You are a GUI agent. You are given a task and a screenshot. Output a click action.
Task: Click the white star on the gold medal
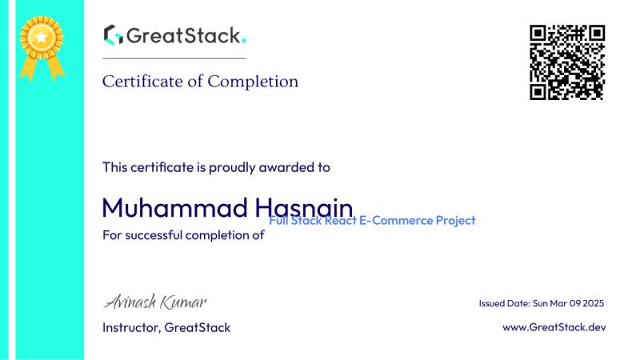pyautogui.click(x=42, y=38)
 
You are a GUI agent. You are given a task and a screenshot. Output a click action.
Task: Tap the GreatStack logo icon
pyautogui.click(x=113, y=34)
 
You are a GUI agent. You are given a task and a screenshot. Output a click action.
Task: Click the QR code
pyautogui.click(x=567, y=62)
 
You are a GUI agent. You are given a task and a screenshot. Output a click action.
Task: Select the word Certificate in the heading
pyautogui.click(x=142, y=82)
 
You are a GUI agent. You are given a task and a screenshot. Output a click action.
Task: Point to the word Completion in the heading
pyautogui.click(x=253, y=82)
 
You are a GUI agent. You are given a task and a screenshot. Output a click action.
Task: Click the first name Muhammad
pyautogui.click(x=174, y=207)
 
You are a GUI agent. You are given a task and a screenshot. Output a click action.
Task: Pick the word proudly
pyautogui.click(x=232, y=168)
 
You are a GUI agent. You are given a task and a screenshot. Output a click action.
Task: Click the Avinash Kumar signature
pyautogui.click(x=155, y=302)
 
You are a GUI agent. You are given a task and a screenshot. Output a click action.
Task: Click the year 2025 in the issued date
pyautogui.click(x=593, y=303)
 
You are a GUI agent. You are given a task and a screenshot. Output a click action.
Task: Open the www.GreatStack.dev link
pyautogui.click(x=554, y=327)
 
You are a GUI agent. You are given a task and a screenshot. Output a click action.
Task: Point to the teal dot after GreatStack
pyautogui.click(x=244, y=40)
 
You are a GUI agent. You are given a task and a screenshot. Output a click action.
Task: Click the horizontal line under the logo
pyautogui.click(x=174, y=58)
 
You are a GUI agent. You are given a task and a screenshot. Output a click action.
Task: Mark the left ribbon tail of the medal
pyautogui.click(x=29, y=69)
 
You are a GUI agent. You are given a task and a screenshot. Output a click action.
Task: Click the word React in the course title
pyautogui.click(x=340, y=221)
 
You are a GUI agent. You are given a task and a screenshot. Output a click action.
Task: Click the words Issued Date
pyautogui.click(x=505, y=303)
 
